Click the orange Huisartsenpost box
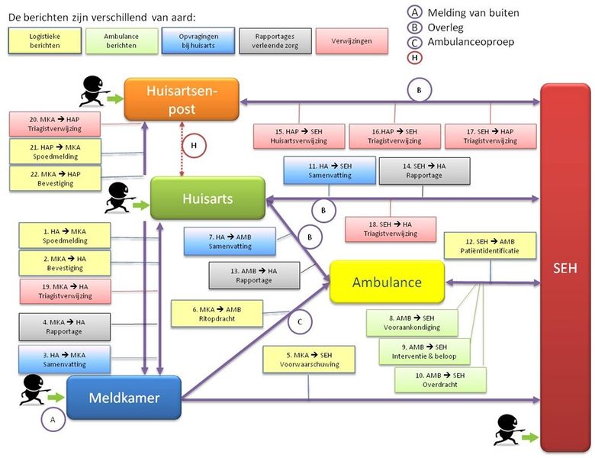(x=182, y=99)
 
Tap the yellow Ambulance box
(x=387, y=282)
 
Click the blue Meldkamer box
(x=124, y=398)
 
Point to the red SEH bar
(x=565, y=267)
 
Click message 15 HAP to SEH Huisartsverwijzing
(x=299, y=136)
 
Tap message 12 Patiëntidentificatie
(x=490, y=245)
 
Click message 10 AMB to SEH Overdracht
(x=440, y=379)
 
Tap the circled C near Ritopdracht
(x=300, y=322)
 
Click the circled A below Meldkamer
(x=53, y=418)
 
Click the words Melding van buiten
(x=473, y=12)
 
